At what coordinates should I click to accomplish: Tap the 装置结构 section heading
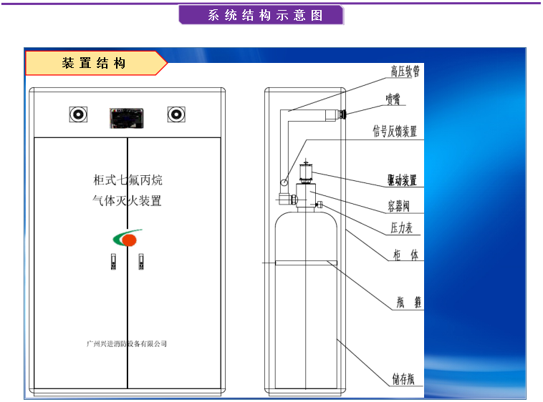94,63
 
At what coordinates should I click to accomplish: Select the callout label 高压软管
405,72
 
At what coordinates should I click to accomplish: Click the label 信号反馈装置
394,131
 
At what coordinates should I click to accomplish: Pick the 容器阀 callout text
399,207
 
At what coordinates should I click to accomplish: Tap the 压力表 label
401,229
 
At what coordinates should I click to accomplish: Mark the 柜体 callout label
405,255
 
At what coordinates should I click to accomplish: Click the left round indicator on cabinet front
78,114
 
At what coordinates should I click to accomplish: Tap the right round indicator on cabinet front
176,114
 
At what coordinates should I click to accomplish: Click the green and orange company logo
128,237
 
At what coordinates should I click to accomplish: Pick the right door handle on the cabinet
140,262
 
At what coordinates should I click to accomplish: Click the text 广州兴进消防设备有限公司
126,344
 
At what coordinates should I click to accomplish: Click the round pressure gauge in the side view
284,182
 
